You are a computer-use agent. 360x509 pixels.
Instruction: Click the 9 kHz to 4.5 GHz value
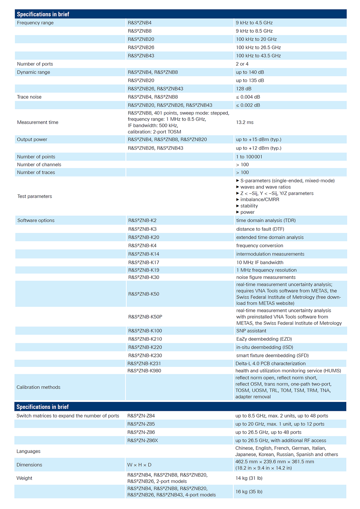254,23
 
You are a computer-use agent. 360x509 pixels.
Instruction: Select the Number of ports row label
35,64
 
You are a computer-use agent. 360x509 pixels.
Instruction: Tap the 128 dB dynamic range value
244,89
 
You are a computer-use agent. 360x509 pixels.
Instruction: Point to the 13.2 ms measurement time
245,122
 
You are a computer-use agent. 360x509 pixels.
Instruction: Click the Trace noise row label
29,97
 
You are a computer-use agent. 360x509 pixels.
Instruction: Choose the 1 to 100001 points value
249,157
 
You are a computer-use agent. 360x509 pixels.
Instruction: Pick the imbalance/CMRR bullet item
259,200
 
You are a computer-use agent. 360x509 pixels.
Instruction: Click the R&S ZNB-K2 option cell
142,221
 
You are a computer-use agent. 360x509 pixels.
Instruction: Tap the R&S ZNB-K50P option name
145,317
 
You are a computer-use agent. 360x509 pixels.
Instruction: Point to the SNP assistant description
251,331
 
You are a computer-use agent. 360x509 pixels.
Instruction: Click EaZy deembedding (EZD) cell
264,339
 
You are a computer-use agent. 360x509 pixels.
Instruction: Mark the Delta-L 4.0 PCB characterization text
270,364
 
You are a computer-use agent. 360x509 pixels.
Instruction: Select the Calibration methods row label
38,387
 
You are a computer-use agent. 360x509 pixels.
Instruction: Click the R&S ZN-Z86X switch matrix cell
143,441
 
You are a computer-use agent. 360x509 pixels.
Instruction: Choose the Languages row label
28,451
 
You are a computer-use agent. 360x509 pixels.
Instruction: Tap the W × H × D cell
139,465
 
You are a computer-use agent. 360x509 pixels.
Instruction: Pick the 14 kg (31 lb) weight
249,478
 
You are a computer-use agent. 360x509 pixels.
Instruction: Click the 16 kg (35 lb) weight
249,492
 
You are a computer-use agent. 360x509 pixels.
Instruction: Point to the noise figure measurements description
266,277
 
